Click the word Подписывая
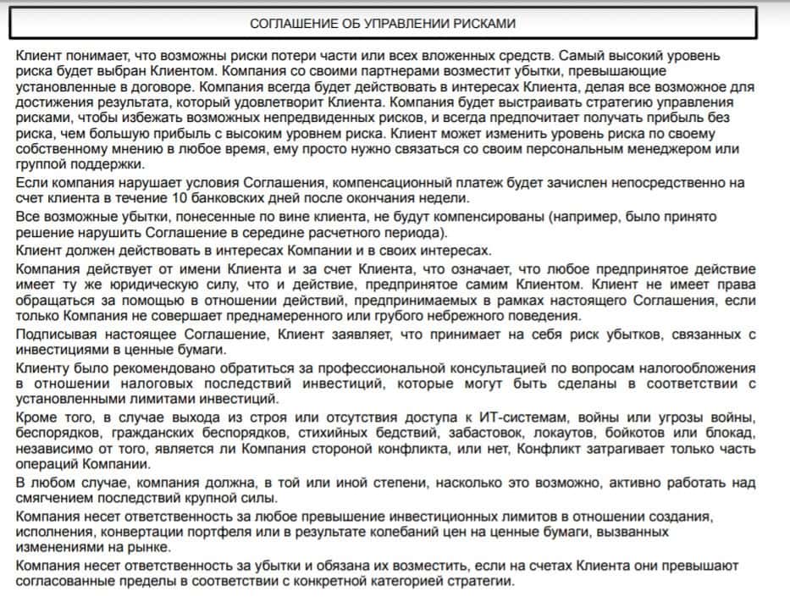pyautogui.click(x=52, y=335)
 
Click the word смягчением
pyautogui.click(x=56, y=498)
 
